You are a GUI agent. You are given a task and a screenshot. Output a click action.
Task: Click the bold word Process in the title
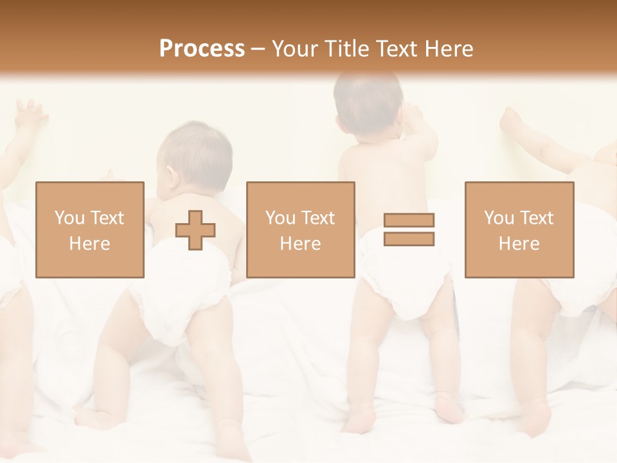click(202, 49)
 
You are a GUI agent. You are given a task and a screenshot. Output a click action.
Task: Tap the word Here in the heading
click(449, 49)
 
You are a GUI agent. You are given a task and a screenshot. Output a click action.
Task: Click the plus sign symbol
click(195, 230)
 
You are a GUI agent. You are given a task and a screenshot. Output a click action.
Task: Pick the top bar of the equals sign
click(409, 221)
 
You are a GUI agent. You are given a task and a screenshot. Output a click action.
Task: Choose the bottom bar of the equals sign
click(409, 239)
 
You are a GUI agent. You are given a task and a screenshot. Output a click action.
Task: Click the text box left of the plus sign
click(89, 230)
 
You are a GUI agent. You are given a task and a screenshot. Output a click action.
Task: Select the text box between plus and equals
click(300, 230)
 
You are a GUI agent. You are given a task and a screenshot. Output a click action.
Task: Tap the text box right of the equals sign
click(519, 230)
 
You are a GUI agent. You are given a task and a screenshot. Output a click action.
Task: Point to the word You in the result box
click(499, 218)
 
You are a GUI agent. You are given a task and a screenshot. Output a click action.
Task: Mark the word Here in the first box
click(89, 243)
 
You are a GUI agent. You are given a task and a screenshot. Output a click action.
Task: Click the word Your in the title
click(294, 49)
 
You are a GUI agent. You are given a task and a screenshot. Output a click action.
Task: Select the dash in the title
click(258, 49)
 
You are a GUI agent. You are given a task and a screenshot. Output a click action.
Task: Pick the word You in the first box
click(69, 218)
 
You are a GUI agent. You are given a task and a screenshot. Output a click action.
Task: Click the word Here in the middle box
click(300, 243)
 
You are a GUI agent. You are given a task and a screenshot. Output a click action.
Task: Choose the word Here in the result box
click(519, 243)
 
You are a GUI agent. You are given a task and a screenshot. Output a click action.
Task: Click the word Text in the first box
click(107, 218)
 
